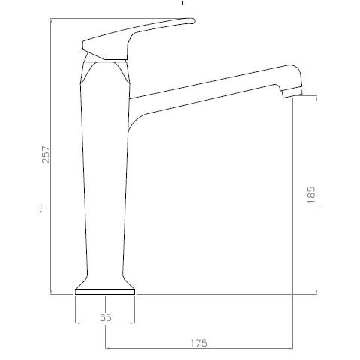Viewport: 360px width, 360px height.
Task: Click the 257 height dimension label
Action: (x=46, y=154)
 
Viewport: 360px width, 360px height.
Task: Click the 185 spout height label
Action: (x=311, y=194)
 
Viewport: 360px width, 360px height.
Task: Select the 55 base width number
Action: (x=106, y=317)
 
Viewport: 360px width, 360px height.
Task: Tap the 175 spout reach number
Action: (x=199, y=343)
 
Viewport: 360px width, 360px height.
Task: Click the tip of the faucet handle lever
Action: (x=193, y=20)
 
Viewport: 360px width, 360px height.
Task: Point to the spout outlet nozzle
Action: (x=292, y=93)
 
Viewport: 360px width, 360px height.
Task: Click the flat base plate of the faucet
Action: (x=105, y=292)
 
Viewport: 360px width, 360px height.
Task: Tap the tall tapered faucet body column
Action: (x=105, y=175)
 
